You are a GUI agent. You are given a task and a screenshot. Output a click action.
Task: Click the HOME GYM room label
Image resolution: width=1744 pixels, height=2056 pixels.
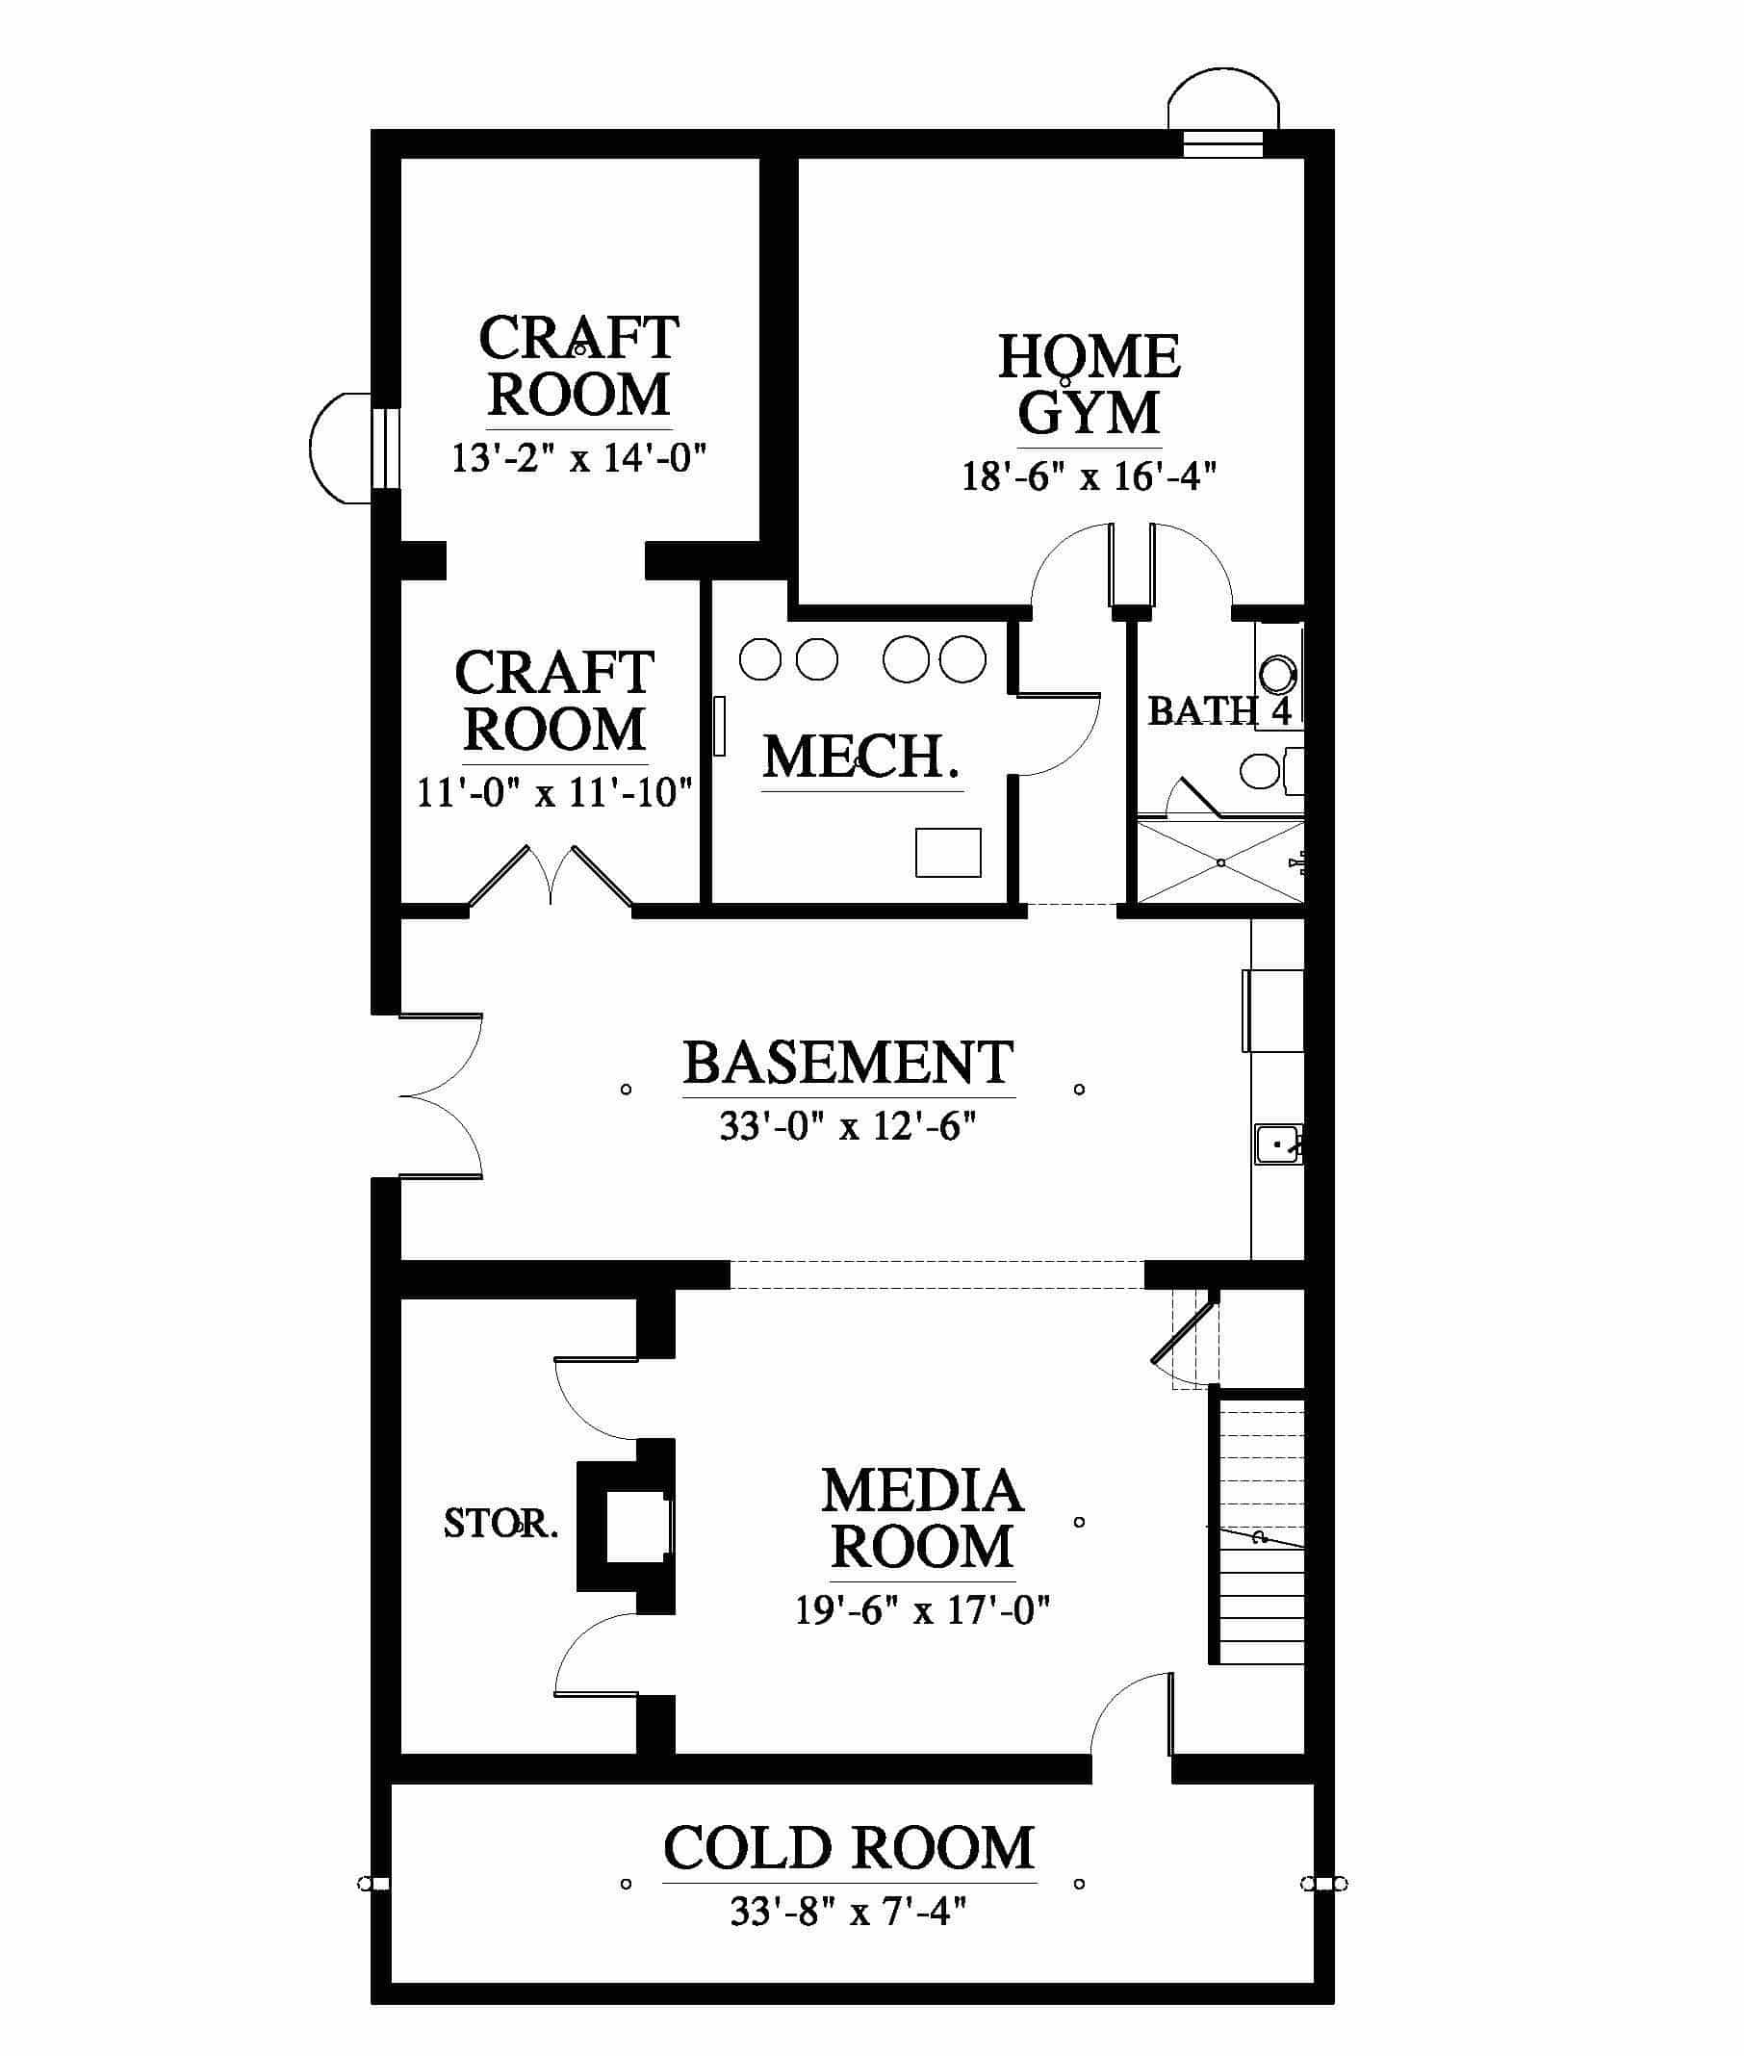1089,384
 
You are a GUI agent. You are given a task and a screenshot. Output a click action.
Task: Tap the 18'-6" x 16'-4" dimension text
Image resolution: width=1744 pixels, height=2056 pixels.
1089,476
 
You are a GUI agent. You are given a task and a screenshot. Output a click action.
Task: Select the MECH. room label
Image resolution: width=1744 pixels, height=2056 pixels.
861,758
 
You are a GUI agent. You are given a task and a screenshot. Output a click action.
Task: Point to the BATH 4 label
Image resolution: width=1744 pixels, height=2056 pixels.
1220,710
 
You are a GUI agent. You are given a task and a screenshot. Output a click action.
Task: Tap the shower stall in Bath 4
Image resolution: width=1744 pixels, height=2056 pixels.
1221,860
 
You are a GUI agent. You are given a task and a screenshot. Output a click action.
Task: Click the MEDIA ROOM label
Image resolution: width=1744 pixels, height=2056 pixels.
921,1518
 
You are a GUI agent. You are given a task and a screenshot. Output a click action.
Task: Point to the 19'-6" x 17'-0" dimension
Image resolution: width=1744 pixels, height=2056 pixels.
921,1611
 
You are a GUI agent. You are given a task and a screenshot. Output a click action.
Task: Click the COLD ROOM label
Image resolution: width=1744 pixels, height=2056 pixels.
848,1847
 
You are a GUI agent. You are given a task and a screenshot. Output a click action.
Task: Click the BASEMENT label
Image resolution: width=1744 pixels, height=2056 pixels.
848,1063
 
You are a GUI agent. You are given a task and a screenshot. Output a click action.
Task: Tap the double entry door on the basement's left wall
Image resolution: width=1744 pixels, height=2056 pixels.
441,1095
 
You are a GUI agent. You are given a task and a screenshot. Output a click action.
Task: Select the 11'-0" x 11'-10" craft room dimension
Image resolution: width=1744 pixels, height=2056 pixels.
554,793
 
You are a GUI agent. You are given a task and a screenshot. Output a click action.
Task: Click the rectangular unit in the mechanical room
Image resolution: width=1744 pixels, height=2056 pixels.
948,852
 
